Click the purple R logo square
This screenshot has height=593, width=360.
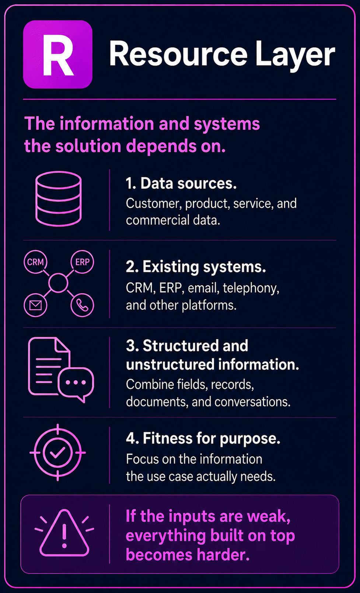point(58,54)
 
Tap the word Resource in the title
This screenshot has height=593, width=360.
point(178,53)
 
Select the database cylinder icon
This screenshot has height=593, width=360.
point(58,199)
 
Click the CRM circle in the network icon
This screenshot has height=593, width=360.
point(35,262)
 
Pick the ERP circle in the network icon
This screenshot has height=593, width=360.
point(82,262)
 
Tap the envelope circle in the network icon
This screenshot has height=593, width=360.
point(35,305)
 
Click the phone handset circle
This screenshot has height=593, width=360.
point(82,305)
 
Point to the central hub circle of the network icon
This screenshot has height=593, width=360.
point(58,283)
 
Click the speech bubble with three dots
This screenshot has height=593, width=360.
point(76,383)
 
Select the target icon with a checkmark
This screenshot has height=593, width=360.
point(58,452)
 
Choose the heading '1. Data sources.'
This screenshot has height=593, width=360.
point(181,183)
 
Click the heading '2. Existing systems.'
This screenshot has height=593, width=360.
point(196,267)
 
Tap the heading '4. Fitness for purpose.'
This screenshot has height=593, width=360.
point(203,438)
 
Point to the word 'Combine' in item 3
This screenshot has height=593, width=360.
point(150,384)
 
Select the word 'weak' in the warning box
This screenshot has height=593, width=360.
point(269,516)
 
